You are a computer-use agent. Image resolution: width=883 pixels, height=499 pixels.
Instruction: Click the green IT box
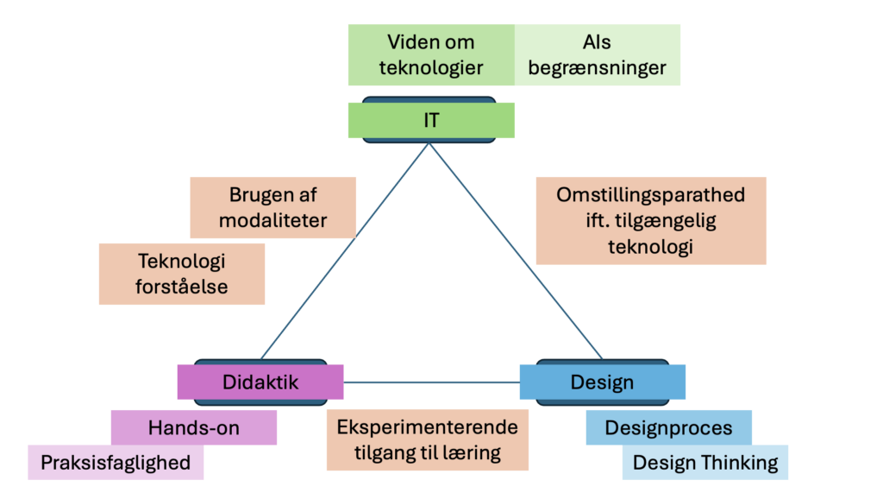[431, 121]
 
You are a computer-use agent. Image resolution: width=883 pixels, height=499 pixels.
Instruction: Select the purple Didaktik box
[260, 382]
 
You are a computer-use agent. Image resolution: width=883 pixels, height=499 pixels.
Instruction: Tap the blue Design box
[602, 382]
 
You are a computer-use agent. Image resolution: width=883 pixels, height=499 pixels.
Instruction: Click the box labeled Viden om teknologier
[431, 54]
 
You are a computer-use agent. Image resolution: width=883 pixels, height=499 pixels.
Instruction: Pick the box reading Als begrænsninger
[597, 54]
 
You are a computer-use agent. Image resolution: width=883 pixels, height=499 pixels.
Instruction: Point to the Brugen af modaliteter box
[272, 207]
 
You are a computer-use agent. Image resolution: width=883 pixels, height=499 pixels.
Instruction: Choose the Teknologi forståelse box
[181, 274]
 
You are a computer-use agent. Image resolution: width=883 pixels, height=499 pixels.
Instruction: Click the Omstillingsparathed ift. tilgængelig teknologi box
[650, 220]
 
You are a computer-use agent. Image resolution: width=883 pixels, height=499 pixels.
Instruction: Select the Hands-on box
[194, 427]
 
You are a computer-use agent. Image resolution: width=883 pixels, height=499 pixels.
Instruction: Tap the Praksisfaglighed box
[116, 462]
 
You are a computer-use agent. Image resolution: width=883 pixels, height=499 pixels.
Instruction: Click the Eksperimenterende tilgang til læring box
[427, 439]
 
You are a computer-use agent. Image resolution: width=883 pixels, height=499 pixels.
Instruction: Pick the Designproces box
[668, 427]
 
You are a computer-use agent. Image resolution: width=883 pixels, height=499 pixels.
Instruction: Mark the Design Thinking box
[705, 462]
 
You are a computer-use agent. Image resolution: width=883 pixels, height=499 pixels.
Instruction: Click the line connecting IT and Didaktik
[345, 250]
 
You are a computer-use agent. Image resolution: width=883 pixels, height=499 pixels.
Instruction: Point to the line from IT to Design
[516, 250]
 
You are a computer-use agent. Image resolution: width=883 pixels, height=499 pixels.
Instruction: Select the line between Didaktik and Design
[431, 382]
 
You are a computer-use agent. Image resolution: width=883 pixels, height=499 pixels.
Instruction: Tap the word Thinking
[739, 462]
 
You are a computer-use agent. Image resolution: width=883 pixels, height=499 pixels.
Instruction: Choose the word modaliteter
[272, 220]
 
